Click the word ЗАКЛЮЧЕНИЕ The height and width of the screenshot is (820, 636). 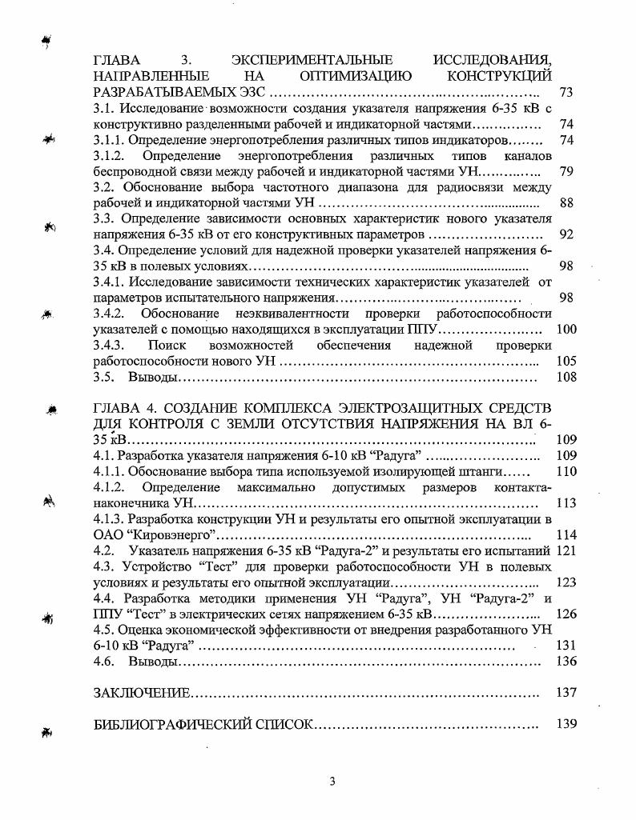(142, 693)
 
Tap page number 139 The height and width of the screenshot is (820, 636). (566, 724)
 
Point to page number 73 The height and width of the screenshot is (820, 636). (566, 93)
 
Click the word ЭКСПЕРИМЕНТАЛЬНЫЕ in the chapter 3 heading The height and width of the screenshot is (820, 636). (312, 60)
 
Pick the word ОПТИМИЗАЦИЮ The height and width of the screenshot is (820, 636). (355, 76)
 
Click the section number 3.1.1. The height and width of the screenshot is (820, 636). (109, 140)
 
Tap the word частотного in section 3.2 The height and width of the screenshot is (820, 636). (315, 187)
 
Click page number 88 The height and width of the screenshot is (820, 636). (566, 203)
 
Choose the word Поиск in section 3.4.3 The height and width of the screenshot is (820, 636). (167, 345)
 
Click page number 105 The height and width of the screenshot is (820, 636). (566, 361)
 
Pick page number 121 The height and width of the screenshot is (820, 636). (566, 550)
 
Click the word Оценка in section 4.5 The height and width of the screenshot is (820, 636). (142, 630)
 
